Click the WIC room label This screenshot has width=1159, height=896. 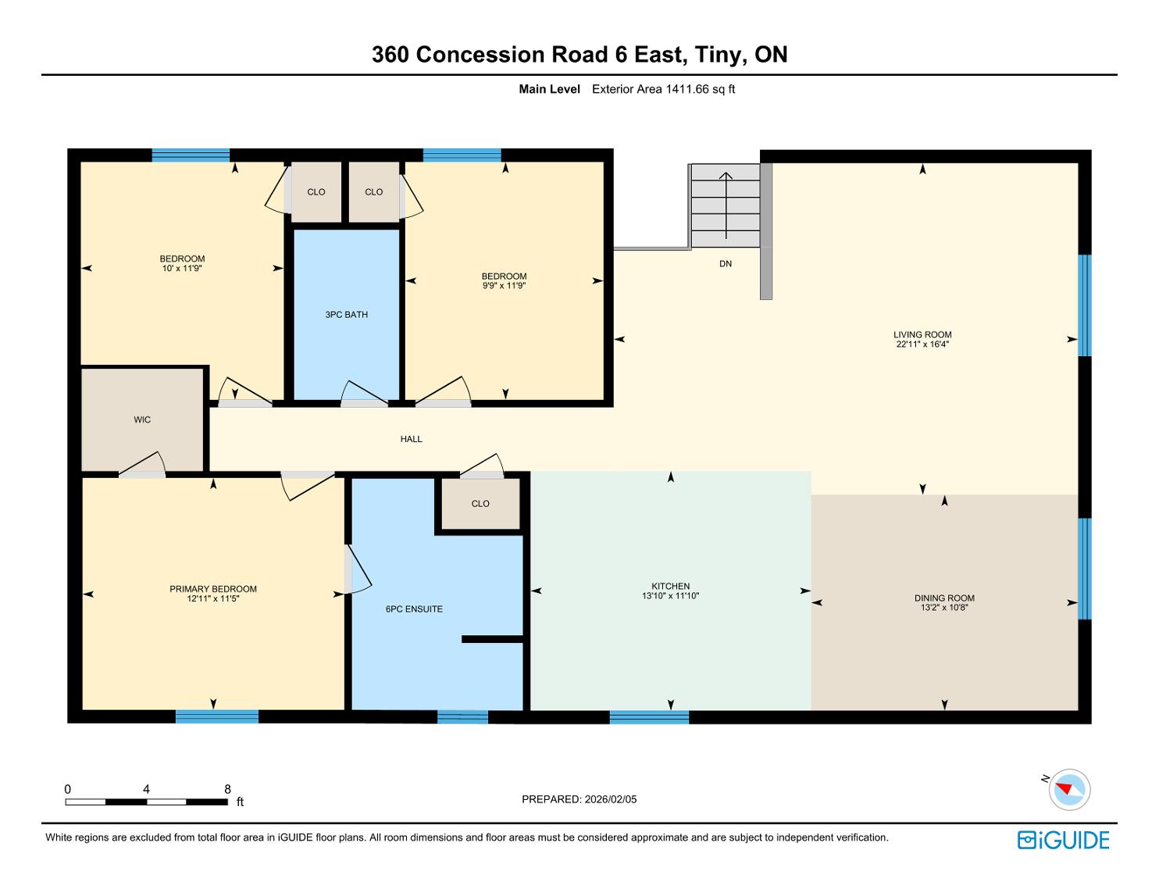(x=142, y=419)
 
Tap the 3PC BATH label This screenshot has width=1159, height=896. (x=346, y=315)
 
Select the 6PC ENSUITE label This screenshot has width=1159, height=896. (x=414, y=609)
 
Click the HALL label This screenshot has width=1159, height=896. (x=412, y=439)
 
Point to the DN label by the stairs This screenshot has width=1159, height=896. (x=726, y=263)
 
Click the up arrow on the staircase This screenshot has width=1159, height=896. (x=726, y=205)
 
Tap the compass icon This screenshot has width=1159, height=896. (x=1069, y=790)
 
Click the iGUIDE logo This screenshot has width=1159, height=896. (x=1063, y=840)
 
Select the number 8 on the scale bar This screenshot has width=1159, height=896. (x=227, y=789)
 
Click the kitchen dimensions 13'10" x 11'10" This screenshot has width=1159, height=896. (x=670, y=596)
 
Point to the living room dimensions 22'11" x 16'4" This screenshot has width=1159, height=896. (x=922, y=344)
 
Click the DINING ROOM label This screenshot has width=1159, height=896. (x=944, y=598)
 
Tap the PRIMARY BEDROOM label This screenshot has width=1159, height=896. (x=212, y=589)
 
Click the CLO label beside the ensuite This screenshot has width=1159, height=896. (x=480, y=504)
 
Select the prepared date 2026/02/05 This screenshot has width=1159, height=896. (x=610, y=799)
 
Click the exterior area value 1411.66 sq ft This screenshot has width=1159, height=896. (x=700, y=89)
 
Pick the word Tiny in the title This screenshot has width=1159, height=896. (x=718, y=55)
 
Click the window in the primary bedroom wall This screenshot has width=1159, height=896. (x=217, y=716)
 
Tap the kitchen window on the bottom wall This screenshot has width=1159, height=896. (x=649, y=717)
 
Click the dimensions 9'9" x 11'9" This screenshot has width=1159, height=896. (x=504, y=285)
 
